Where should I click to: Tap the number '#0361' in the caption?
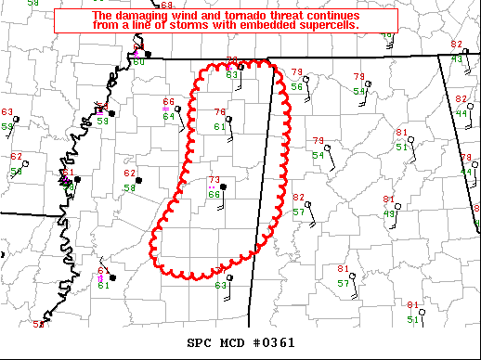(x=275, y=342)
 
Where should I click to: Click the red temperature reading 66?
(x=169, y=102)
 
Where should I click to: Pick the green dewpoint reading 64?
(x=169, y=116)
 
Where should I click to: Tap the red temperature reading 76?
(x=220, y=112)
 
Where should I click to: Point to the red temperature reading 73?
(x=214, y=180)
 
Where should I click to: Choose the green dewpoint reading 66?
(x=214, y=194)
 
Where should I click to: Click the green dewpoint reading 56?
(x=296, y=85)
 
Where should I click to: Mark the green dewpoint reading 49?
(x=390, y=213)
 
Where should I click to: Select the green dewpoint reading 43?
(x=457, y=58)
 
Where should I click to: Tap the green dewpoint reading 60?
(x=138, y=62)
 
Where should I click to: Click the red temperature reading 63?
(x=7, y=112)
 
